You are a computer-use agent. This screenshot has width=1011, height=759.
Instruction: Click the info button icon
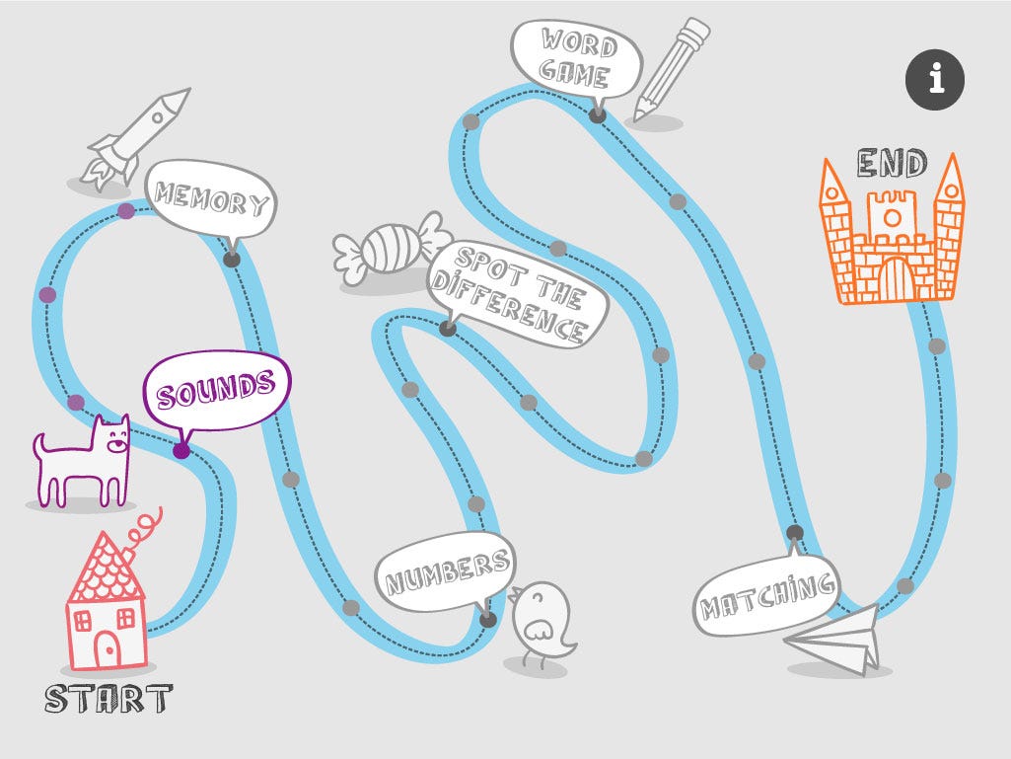(x=935, y=78)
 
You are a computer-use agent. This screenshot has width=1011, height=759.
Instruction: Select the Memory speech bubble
(x=211, y=199)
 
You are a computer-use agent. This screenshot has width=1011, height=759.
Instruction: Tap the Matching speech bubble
(x=766, y=593)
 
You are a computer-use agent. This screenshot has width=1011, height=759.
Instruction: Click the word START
(x=108, y=700)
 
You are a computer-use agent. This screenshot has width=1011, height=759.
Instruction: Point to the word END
(x=891, y=163)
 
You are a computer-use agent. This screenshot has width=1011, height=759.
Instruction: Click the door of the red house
(x=108, y=647)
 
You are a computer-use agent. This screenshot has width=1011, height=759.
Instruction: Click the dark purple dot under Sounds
(x=181, y=451)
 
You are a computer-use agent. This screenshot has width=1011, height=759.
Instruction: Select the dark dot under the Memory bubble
(x=232, y=259)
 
